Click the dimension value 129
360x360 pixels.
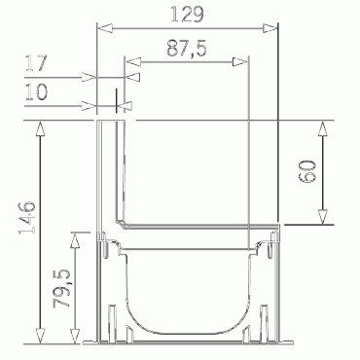[x=187, y=15]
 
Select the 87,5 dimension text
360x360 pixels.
[x=187, y=49]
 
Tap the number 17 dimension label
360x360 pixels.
[x=36, y=63]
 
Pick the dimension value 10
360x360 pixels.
[x=36, y=91]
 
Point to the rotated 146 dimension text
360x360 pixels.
[x=27, y=218]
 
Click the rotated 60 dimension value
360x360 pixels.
[x=307, y=171]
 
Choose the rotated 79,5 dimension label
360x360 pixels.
[x=62, y=288]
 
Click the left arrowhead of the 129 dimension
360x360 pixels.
[x=105, y=28]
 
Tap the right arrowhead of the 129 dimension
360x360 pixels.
[x=270, y=28]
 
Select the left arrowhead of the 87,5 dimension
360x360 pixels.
[x=133, y=61]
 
